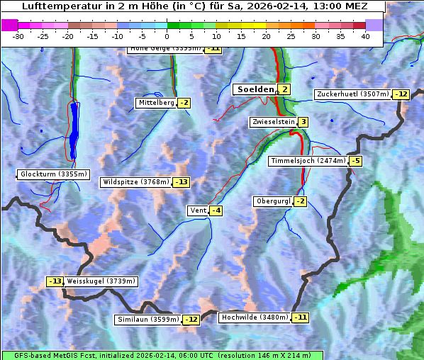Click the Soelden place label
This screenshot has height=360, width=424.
point(254,89)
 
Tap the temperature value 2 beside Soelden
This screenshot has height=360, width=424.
point(284,89)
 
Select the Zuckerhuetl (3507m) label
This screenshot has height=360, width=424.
point(353,94)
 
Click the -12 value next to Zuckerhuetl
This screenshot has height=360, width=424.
point(402,94)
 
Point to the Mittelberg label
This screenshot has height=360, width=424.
point(156,103)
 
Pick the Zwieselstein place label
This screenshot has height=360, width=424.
point(272,122)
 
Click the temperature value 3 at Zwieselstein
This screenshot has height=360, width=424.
point(303,122)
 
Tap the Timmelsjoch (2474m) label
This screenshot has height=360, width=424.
point(308,161)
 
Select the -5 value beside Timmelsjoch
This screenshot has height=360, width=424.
point(355,161)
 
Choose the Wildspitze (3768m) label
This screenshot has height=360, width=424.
point(136,182)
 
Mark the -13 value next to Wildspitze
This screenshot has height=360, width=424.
point(182,182)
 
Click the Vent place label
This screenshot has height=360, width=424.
point(197,210)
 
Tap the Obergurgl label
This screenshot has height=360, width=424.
point(273,201)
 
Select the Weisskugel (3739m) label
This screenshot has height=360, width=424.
point(101,281)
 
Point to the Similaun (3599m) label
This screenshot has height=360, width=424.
point(148,320)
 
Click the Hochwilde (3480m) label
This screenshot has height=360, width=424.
point(255,317)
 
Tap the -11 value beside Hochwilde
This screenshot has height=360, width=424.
point(301,317)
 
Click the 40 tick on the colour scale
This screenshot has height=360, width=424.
point(365,36)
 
